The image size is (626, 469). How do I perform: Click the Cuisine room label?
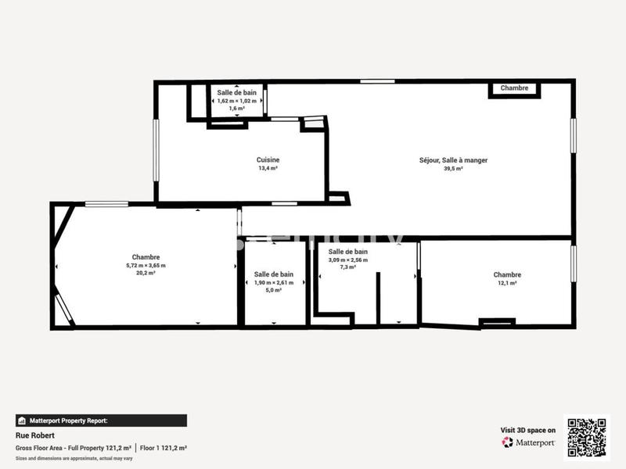(x=268, y=159)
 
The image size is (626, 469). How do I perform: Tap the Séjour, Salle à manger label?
(x=453, y=159)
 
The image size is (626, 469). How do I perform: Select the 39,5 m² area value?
(x=453, y=168)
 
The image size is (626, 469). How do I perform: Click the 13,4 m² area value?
(x=268, y=168)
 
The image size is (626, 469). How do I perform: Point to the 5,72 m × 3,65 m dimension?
(x=146, y=265)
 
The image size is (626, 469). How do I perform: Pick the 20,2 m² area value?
(x=146, y=273)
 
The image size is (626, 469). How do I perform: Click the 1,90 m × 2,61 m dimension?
(x=274, y=282)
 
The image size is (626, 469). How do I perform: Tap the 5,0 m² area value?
(x=274, y=290)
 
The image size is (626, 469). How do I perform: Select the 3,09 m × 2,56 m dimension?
(x=348, y=260)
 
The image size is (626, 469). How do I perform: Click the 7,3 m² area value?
(x=348, y=267)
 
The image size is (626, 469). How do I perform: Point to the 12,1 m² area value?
(x=507, y=283)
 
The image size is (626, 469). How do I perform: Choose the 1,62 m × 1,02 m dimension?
(x=237, y=100)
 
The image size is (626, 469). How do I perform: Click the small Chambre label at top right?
(x=514, y=88)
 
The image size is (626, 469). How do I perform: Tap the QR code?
(x=586, y=438)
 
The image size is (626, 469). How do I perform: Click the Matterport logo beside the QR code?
(x=528, y=442)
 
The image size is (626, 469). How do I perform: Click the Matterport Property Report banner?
(x=101, y=421)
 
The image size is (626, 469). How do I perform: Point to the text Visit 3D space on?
(x=528, y=430)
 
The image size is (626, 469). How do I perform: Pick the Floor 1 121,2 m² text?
(x=164, y=448)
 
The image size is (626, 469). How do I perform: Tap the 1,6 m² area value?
(x=237, y=109)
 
